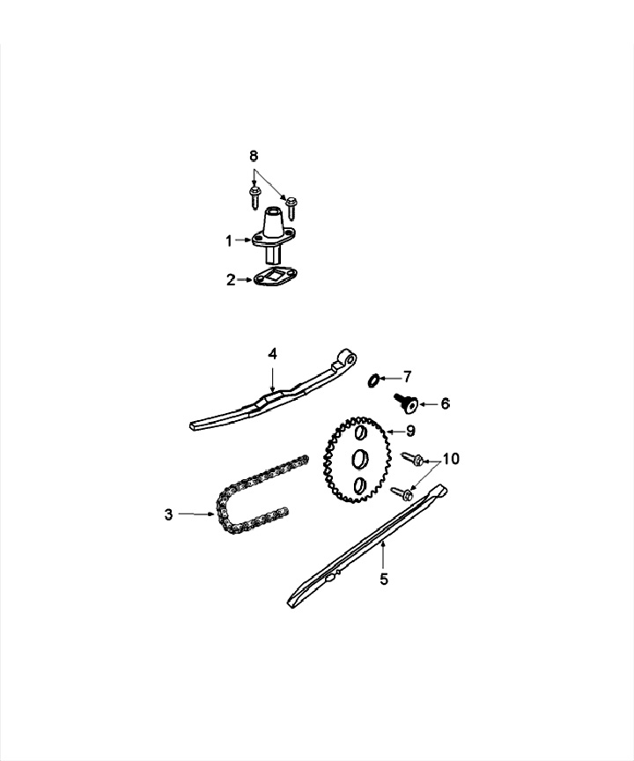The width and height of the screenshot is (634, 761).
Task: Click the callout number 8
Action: point(254,156)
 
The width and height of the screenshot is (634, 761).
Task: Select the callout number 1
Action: point(229,240)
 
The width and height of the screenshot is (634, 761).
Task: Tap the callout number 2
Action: point(231,280)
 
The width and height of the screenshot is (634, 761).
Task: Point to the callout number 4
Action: point(273,353)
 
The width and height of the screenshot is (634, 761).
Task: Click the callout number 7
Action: point(407,377)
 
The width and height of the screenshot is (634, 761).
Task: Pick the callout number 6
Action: point(445,403)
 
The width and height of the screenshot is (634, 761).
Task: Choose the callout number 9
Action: point(410,431)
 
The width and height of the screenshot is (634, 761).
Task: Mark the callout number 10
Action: point(450,459)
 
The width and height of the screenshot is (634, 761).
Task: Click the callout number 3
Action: point(169,514)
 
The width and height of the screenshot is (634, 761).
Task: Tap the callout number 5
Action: point(383,579)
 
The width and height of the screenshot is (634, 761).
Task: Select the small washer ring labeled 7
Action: point(373,380)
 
